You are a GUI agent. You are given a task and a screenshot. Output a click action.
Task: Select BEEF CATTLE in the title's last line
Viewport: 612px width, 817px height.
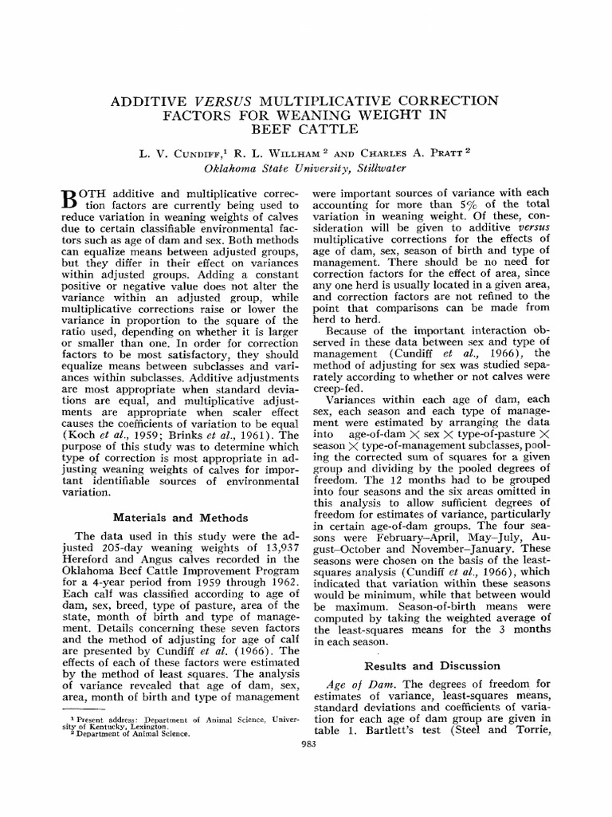(x=306, y=129)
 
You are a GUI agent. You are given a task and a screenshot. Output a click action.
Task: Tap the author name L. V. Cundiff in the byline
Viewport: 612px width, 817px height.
(x=173, y=152)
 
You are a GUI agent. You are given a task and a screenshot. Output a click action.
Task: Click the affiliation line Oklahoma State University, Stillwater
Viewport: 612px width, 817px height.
(x=306, y=168)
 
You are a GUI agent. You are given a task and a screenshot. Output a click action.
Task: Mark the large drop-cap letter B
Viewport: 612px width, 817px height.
(x=70, y=200)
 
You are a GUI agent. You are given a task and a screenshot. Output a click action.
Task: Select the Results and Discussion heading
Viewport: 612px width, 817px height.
(x=432, y=665)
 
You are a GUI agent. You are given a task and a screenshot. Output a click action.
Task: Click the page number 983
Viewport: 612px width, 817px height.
(x=306, y=744)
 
